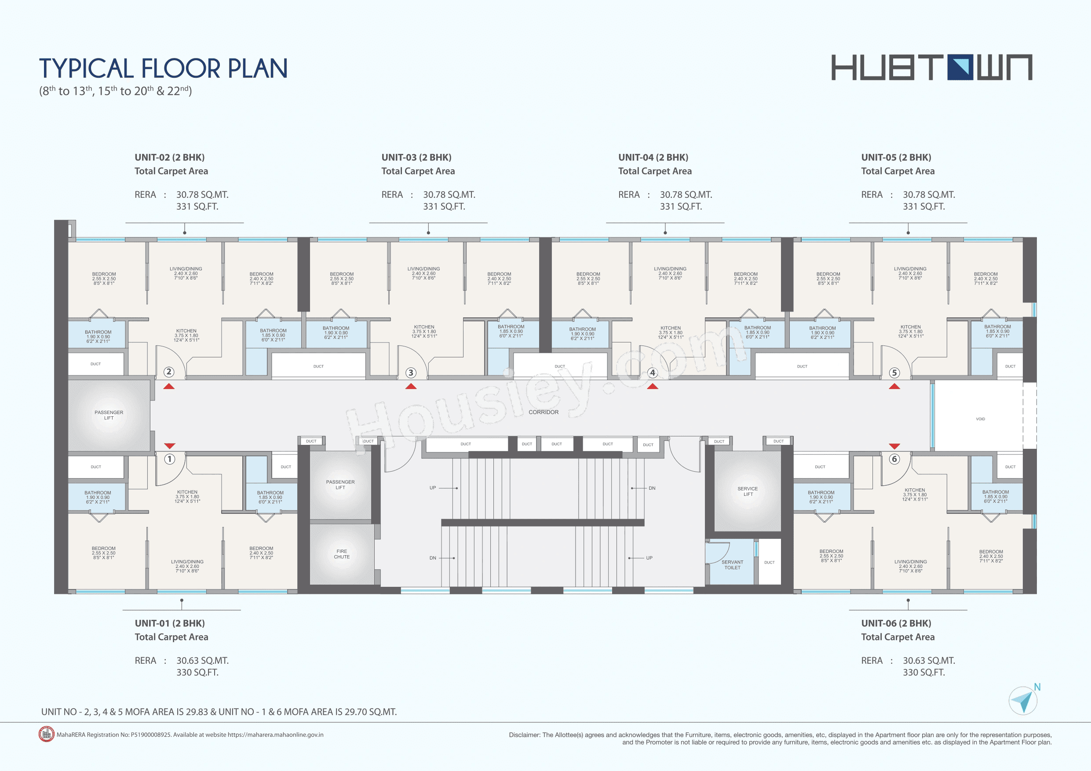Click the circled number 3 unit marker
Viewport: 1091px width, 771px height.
point(411,373)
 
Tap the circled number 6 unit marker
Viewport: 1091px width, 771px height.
point(894,459)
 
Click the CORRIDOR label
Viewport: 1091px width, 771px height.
point(544,412)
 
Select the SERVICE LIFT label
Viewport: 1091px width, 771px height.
point(748,491)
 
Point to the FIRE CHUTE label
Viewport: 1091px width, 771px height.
point(342,554)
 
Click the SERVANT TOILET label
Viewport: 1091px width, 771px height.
point(732,565)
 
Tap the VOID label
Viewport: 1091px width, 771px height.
point(980,419)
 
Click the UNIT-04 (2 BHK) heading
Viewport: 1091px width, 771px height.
point(653,158)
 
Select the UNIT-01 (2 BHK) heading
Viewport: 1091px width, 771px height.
point(170,623)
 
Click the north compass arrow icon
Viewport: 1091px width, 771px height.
point(1023,701)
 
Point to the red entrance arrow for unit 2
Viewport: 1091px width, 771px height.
point(169,387)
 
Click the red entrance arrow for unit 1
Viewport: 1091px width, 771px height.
point(170,446)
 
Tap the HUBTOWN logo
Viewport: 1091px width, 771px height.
point(931,67)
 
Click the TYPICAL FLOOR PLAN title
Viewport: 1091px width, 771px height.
point(163,69)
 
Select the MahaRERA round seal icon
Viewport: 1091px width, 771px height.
point(46,734)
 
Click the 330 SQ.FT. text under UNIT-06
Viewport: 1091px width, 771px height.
point(924,672)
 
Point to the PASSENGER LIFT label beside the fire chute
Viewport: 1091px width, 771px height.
point(340,484)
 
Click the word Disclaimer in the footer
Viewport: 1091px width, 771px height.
point(524,735)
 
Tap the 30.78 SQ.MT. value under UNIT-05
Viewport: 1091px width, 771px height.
point(928,195)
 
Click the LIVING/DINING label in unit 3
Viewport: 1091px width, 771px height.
point(423,269)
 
